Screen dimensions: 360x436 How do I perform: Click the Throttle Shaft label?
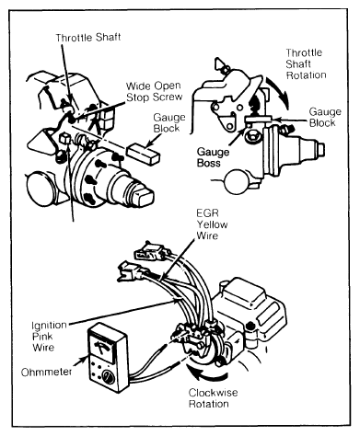point(87,38)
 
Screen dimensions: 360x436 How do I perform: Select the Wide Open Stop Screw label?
point(154,91)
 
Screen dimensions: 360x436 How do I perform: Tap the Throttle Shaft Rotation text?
point(306,63)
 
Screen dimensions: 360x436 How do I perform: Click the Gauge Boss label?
point(213,157)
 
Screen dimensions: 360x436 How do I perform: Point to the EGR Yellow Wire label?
point(212,224)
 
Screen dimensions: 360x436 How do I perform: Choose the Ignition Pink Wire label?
point(49,336)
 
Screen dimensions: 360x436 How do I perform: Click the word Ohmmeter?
point(47,372)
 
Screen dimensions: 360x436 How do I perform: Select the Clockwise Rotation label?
point(213,398)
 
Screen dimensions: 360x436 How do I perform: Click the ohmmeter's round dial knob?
point(109,378)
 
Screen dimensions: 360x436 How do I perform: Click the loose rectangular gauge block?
point(143,153)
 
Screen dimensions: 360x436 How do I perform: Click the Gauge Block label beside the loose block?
point(169,122)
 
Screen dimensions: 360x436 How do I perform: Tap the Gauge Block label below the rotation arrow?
point(325,117)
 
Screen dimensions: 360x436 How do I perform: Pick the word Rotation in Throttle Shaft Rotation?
point(306,75)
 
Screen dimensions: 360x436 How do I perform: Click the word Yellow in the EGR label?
point(212,224)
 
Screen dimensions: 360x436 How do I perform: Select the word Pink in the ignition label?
point(42,336)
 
